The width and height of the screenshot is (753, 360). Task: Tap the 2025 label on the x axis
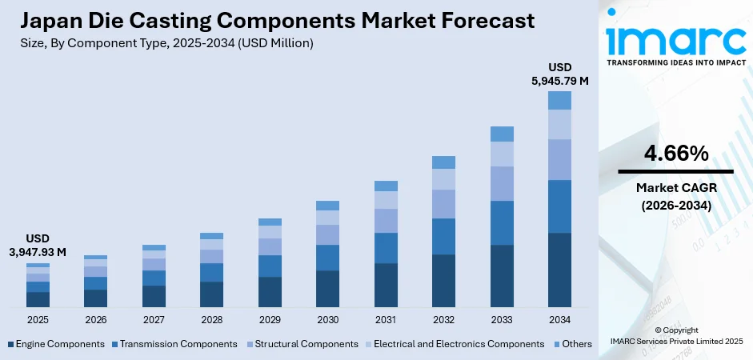click(x=38, y=319)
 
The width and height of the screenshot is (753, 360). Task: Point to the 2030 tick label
click(x=327, y=319)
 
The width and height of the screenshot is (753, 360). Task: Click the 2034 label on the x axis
click(x=559, y=319)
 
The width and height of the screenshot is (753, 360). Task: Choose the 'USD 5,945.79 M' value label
click(x=559, y=74)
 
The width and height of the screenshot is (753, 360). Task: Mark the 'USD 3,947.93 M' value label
click(x=38, y=246)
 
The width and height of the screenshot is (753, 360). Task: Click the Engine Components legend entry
click(x=56, y=344)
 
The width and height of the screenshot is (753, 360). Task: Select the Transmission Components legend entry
click(x=174, y=344)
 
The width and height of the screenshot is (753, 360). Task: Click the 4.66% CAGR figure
click(x=675, y=153)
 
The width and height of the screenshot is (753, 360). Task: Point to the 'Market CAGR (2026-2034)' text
click(x=675, y=195)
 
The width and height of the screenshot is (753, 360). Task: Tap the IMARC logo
click(x=675, y=40)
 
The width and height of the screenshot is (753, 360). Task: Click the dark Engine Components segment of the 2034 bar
click(x=559, y=270)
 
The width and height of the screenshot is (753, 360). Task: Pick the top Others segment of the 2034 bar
click(x=559, y=100)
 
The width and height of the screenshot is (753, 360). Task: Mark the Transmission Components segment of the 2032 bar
click(x=443, y=236)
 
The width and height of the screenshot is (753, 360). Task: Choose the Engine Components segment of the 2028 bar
click(x=211, y=294)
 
